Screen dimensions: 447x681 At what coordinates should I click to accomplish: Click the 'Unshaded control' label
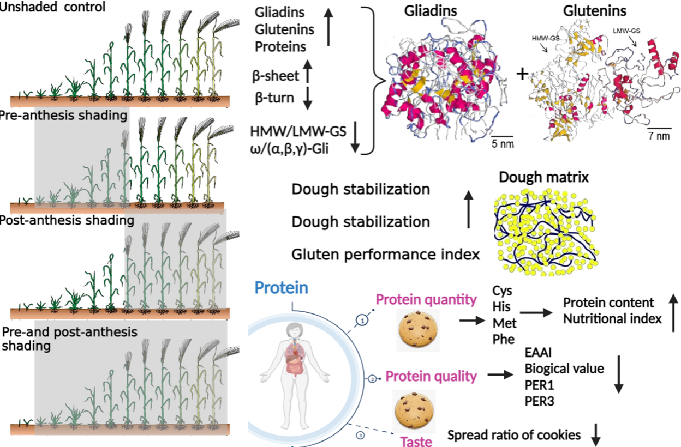[53, 8]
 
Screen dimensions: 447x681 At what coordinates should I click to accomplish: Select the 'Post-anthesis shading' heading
[66, 220]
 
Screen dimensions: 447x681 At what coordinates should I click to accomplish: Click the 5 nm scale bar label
[499, 144]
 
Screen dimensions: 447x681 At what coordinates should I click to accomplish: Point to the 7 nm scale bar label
[659, 136]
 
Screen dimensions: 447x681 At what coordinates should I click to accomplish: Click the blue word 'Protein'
[282, 288]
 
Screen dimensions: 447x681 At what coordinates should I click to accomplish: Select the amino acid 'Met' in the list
[504, 323]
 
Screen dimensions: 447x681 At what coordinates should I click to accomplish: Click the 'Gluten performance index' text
[386, 254]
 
